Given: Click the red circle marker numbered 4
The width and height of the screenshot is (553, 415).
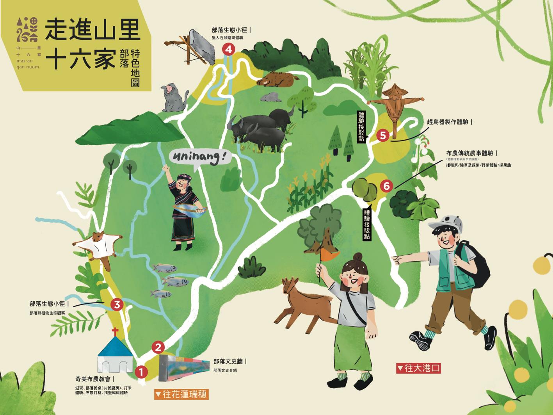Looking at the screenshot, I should click(228, 49).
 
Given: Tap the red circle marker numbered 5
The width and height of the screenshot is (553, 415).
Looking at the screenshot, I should click(383, 135).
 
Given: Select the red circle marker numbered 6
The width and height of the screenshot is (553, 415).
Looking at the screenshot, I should click(386, 186).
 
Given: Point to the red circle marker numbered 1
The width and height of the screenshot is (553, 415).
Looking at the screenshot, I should click(141, 372).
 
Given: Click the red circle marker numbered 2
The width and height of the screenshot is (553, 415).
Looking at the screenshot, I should click(158, 347).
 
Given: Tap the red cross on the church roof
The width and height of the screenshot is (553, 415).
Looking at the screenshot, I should click(115, 333).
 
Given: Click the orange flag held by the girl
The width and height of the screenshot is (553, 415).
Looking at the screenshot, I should click(328, 255).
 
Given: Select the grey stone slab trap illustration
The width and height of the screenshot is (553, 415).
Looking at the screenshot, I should click(202, 47).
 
